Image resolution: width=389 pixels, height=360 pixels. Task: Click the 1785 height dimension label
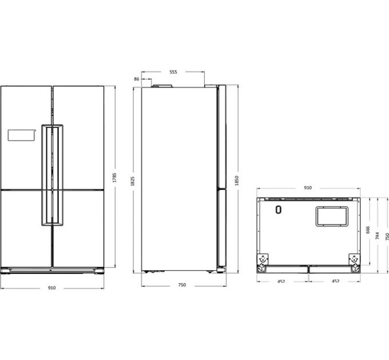[114, 177]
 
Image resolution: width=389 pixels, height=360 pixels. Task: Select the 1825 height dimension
[133, 181]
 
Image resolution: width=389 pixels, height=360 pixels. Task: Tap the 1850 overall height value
[237, 181]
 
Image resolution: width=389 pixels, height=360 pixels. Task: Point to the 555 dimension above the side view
[173, 72]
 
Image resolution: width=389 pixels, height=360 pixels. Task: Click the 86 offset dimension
[137, 79]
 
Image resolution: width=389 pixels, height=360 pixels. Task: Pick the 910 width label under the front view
[51, 287]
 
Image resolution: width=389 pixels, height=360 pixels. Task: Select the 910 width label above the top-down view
[308, 187]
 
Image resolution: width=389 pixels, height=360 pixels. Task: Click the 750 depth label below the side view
[182, 285]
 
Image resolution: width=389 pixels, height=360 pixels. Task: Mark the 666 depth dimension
[368, 230]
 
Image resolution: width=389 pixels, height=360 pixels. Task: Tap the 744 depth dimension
[378, 235]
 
